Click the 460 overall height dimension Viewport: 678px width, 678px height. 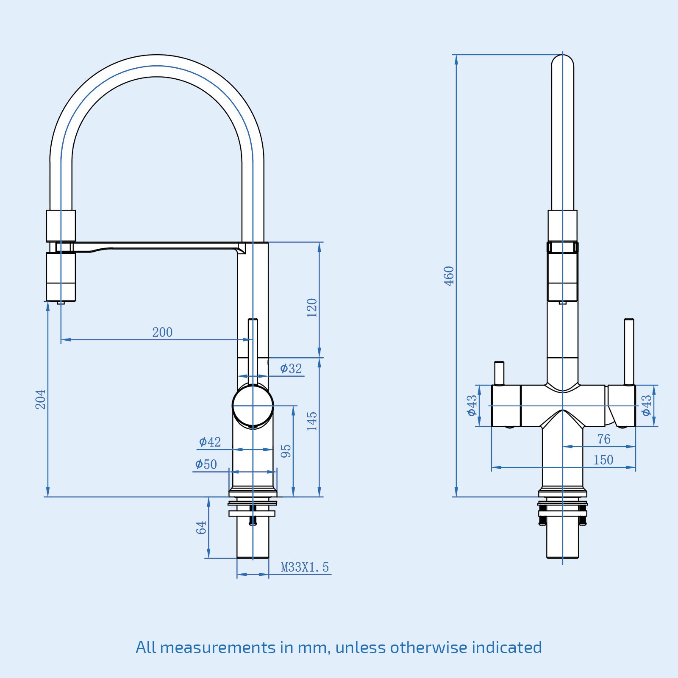[x=449, y=276]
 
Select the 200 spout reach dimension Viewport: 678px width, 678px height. [x=162, y=332]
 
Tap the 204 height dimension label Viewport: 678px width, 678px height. [x=40, y=399]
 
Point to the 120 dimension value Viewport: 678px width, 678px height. [x=312, y=308]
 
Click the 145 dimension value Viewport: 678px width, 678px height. [x=312, y=421]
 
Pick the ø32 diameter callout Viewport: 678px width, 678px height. [x=291, y=369]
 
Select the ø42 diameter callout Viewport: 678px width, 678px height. [x=210, y=442]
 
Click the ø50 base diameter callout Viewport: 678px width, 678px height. [x=206, y=464]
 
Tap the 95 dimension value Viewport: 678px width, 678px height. [x=286, y=451]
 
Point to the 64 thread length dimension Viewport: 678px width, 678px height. [x=201, y=528]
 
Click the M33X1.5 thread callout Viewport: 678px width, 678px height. [x=305, y=567]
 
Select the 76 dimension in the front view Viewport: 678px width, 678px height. [x=604, y=439]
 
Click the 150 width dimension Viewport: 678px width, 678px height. [x=603, y=460]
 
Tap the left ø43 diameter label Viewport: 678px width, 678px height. [x=472, y=406]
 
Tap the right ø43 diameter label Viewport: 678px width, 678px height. [x=646, y=406]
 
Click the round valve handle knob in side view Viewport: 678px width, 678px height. [x=253, y=406]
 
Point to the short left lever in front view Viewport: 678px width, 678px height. [x=499, y=373]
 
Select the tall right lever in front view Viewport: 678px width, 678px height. [x=629, y=352]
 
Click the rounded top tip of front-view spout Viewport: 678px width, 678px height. [x=562, y=61]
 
